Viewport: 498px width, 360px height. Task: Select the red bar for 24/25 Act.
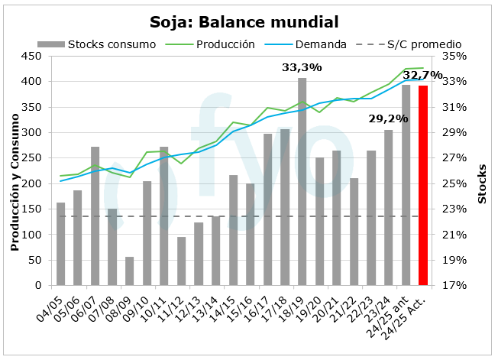(423, 186)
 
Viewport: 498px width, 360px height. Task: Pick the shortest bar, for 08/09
(129, 271)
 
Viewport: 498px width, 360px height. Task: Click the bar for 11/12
(182, 261)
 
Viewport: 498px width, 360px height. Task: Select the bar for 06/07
(95, 216)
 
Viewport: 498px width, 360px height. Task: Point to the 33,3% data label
(302, 68)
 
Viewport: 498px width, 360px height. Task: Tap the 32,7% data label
(422, 75)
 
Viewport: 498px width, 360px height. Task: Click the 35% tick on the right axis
(452, 56)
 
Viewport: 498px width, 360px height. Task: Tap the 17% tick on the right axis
(452, 286)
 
